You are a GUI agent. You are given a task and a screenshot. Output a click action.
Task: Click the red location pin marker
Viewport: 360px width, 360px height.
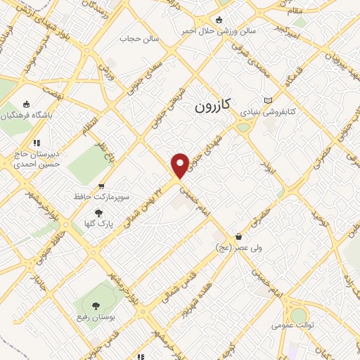(180, 165)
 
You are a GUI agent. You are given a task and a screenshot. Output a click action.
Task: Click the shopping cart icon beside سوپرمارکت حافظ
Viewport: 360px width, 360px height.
(101, 186)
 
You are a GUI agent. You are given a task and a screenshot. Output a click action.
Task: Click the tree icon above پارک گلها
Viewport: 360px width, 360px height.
(98, 212)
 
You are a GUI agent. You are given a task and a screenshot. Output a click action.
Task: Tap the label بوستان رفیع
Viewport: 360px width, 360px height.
(96, 318)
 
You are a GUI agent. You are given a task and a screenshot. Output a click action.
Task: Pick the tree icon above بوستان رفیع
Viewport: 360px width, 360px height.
(95, 306)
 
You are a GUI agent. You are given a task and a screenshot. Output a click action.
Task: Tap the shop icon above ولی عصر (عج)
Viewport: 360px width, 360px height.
(239, 236)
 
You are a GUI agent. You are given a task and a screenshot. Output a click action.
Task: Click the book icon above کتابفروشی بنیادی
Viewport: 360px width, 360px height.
(267, 101)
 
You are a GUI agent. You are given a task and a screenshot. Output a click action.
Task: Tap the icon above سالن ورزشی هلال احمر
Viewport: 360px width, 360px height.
(220, 20)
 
